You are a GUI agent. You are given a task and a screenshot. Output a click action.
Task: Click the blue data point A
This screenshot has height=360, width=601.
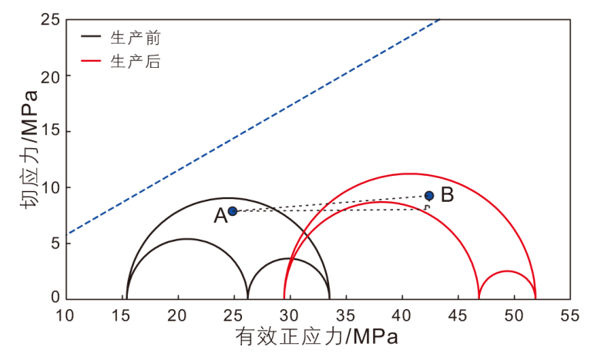pyautogui.click(x=233, y=210)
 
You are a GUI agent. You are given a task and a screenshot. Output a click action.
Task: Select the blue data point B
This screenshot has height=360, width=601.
pyautogui.click(x=429, y=196)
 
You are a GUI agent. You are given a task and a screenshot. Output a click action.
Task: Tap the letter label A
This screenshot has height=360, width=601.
pyautogui.click(x=220, y=217)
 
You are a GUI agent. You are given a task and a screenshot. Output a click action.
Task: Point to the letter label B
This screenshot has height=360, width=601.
pyautogui.click(x=447, y=195)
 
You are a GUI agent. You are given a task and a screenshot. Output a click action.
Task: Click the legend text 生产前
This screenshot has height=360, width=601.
pyautogui.click(x=135, y=36)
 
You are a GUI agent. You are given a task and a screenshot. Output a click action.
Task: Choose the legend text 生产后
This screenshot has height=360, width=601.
pyautogui.click(x=135, y=62)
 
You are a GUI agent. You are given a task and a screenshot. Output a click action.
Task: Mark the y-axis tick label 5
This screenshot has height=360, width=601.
pyautogui.click(x=56, y=243)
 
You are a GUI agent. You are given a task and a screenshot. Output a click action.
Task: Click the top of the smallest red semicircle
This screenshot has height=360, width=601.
pyautogui.click(x=507, y=271)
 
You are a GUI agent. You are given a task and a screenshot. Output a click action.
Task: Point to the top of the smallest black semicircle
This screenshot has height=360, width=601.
pyautogui.click(x=288, y=258)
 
